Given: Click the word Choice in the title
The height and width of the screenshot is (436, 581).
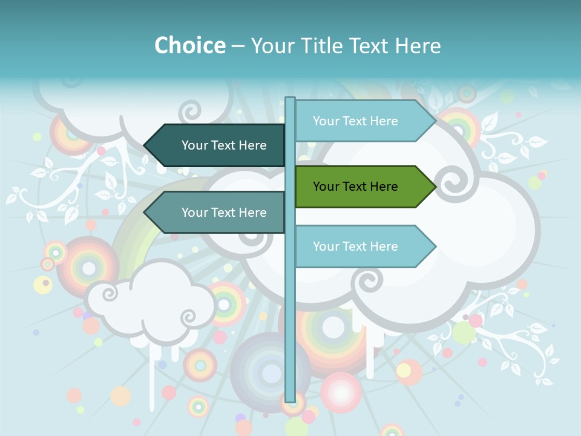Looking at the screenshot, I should pos(189,45).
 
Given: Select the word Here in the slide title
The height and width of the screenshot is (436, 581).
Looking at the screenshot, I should pos(418,45).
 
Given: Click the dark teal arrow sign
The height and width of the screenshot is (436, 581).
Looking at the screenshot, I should pos(218,145).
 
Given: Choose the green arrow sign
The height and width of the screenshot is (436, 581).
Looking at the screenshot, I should pos(360,187).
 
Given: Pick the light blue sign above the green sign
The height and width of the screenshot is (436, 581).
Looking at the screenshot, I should pos(360,121).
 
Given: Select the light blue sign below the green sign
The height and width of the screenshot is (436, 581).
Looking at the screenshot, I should pos(360,246).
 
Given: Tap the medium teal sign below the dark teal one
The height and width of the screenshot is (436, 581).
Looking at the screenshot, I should pos(218,213).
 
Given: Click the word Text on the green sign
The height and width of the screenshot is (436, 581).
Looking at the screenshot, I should pos(355,187).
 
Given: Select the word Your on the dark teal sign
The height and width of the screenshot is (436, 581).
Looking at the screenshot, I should pos(195,145).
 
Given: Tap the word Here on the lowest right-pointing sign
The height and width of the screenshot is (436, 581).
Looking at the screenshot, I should pos(383,246).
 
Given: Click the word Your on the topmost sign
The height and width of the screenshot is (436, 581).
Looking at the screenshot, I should pos(326,121).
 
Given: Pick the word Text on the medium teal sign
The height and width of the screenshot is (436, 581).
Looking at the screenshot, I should pos(224,213).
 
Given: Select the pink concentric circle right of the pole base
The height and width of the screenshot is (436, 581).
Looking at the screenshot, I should pos(341,392).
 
